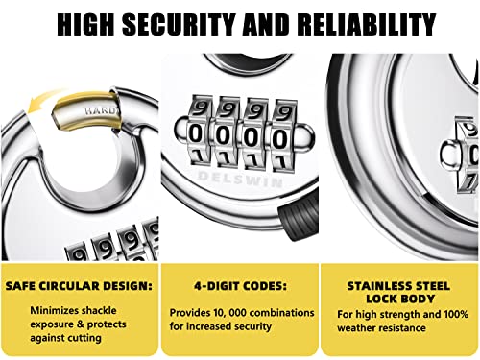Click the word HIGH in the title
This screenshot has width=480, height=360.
pyautogui.click(x=92, y=25)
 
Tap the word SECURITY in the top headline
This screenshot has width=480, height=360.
pyautogui.click(x=192, y=25)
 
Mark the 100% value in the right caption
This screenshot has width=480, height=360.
pyautogui.click(x=450, y=313)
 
